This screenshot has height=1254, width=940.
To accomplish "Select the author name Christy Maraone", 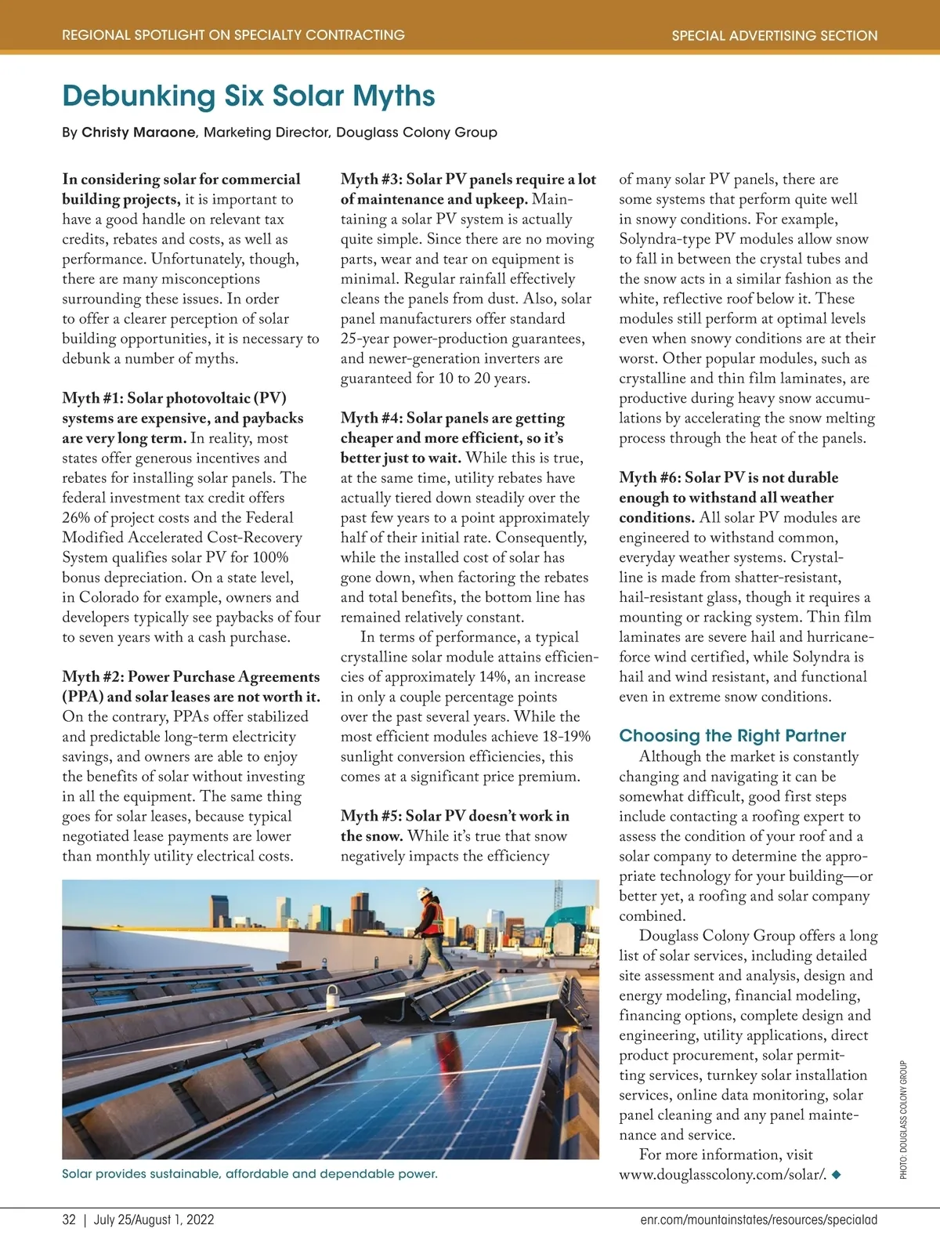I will [139, 132].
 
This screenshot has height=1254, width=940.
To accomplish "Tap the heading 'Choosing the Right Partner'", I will [732, 735].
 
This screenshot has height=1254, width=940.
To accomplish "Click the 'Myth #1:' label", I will [92, 398].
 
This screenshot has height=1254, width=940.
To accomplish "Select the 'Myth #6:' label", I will [650, 478].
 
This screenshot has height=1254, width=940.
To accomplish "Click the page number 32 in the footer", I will [69, 1220].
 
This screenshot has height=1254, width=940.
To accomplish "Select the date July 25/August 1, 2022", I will [154, 1220].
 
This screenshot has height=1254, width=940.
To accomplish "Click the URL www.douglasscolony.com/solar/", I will [722, 1175].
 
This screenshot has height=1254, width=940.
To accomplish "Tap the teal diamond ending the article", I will [837, 1175].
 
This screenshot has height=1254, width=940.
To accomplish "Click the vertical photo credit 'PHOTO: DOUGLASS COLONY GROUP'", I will [903, 1119].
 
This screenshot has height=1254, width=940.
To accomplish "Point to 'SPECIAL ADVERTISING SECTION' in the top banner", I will [774, 35].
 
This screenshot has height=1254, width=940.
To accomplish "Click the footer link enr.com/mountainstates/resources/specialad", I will [753, 1220].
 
